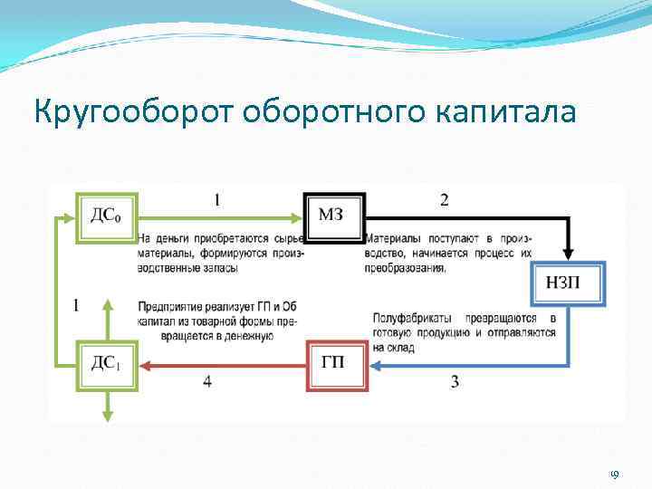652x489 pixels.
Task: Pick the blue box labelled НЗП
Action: (x=567, y=284)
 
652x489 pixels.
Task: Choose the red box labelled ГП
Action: (x=338, y=365)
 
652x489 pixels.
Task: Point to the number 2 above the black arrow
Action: (x=444, y=201)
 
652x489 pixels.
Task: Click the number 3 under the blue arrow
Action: (x=454, y=382)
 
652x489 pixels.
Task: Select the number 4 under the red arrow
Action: (x=207, y=382)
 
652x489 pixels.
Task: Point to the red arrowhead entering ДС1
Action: (x=146, y=366)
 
